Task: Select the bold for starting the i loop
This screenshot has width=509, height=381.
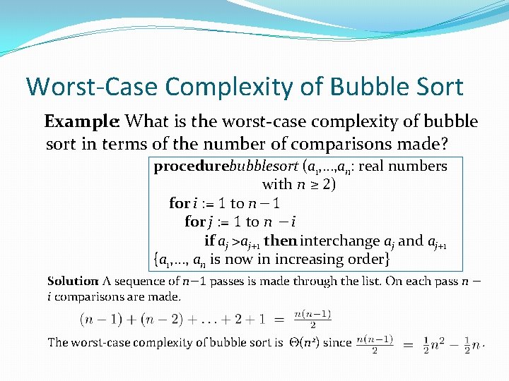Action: [x=179, y=203]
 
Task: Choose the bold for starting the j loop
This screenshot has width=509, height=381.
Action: [x=194, y=222]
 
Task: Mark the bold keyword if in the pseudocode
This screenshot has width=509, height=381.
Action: [x=210, y=241]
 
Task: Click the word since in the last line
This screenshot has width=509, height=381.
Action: [x=337, y=342]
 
